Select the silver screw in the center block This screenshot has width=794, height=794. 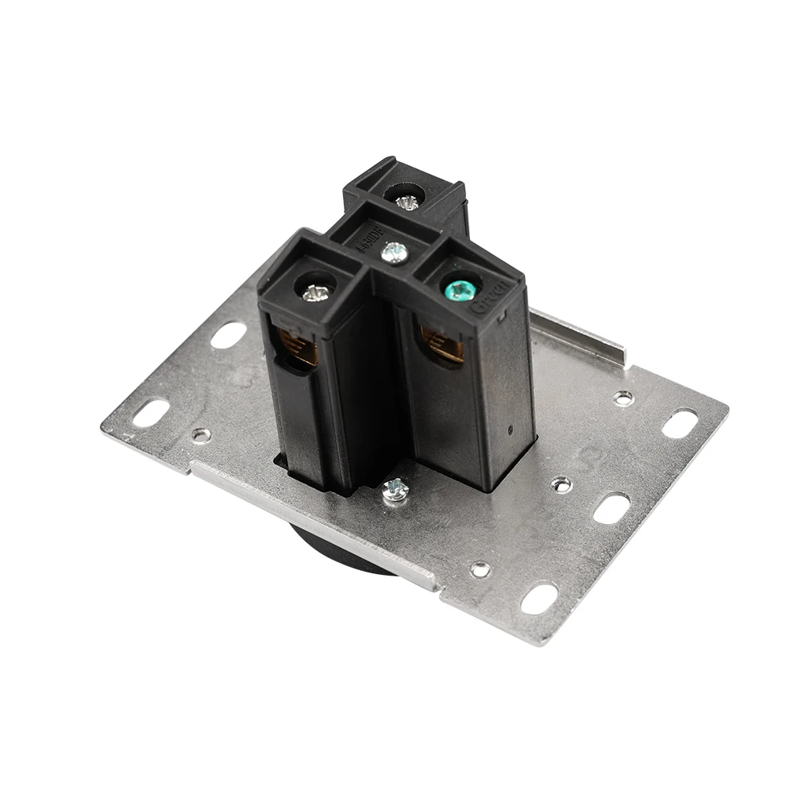[394, 253]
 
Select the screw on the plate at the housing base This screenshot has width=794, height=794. [395, 489]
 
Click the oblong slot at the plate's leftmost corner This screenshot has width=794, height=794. [150, 413]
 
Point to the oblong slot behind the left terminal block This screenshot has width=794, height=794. [229, 334]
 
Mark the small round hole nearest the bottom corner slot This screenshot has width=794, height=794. [480, 569]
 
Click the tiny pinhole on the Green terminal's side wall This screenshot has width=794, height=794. [510, 430]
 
